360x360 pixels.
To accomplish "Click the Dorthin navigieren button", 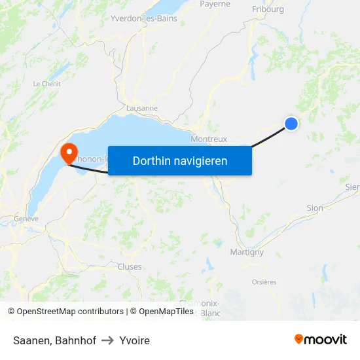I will point(179,160).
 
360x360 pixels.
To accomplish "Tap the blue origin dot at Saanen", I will point(291,123).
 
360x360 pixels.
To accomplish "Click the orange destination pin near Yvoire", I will point(69,153).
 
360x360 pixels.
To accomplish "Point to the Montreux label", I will point(209,139).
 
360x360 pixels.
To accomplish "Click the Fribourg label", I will point(268,9).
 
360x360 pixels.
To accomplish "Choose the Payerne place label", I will point(215,4).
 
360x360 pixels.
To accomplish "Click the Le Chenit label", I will point(46,84).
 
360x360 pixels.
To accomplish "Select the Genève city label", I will point(27,219).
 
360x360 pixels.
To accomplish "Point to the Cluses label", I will point(129,266).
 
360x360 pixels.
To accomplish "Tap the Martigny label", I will point(247,251).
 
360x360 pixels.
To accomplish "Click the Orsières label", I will point(264,282).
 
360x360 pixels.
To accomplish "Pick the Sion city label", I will point(315,207).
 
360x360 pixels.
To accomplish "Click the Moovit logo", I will point(320,339).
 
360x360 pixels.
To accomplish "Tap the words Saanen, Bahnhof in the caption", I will point(54,340).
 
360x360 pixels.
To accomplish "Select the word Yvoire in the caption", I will point(135,340).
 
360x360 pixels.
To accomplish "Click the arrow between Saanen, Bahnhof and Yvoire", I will point(108,340).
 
